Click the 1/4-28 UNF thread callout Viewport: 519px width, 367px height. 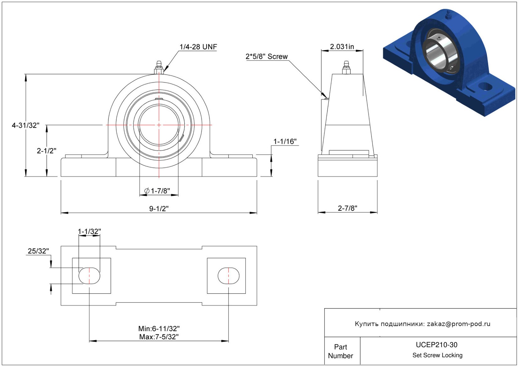198,47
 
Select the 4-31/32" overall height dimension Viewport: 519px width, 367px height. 26,125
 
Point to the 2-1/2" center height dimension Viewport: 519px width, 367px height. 47,151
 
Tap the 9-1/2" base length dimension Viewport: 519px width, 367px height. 159,209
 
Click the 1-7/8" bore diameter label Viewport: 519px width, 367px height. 157,191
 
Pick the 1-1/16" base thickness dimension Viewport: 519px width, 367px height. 285,141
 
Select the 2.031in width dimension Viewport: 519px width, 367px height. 342,47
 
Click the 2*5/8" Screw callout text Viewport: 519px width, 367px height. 267,56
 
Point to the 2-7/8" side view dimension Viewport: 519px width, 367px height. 348,208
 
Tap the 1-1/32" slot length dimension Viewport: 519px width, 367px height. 89,231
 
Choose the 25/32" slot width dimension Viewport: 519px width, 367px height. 38,251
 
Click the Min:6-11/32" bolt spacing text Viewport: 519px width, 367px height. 159,329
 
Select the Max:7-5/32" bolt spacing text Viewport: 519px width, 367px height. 159,337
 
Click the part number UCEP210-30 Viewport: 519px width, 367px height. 436,345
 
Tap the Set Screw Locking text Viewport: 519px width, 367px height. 437,355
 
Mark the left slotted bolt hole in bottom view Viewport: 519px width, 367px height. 89,276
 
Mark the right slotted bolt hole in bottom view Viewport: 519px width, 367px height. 228,276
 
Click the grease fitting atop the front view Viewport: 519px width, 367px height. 159,67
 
